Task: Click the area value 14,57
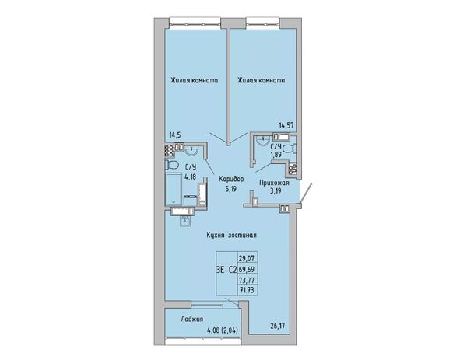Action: [x=286, y=125]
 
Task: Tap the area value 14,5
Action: [x=175, y=135]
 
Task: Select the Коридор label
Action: [x=231, y=179]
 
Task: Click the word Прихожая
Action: [x=274, y=183]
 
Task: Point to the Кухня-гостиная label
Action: [x=232, y=235]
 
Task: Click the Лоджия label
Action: [x=191, y=320]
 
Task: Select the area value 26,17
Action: [x=278, y=326]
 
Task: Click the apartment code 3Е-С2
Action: [x=226, y=270]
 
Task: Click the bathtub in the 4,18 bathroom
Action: [x=174, y=189]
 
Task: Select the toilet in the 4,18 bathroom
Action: [x=171, y=165]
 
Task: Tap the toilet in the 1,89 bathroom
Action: [x=290, y=149]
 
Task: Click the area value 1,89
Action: [x=276, y=155]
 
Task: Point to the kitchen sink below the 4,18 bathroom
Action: [x=185, y=221]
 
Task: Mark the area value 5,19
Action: [x=231, y=189]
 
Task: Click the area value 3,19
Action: [x=276, y=190]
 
